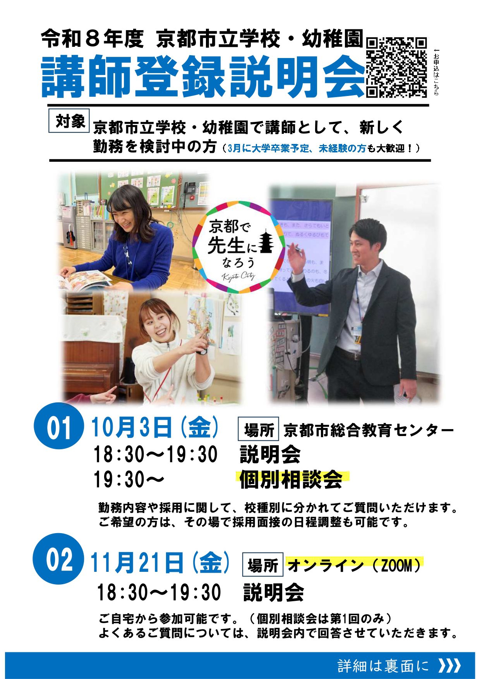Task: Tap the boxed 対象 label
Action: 69,121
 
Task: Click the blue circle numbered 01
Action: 59,428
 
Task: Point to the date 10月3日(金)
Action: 155,428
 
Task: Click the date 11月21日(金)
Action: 160,563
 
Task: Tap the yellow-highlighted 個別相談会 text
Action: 291,480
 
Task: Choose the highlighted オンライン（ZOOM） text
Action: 354,565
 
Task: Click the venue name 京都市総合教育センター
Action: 369,430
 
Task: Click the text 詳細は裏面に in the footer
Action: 383,665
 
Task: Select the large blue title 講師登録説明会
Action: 203,76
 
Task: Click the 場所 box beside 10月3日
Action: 259,429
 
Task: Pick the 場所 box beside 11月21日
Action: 262,565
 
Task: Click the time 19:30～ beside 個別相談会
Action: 129,480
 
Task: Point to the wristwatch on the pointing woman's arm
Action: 202,352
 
